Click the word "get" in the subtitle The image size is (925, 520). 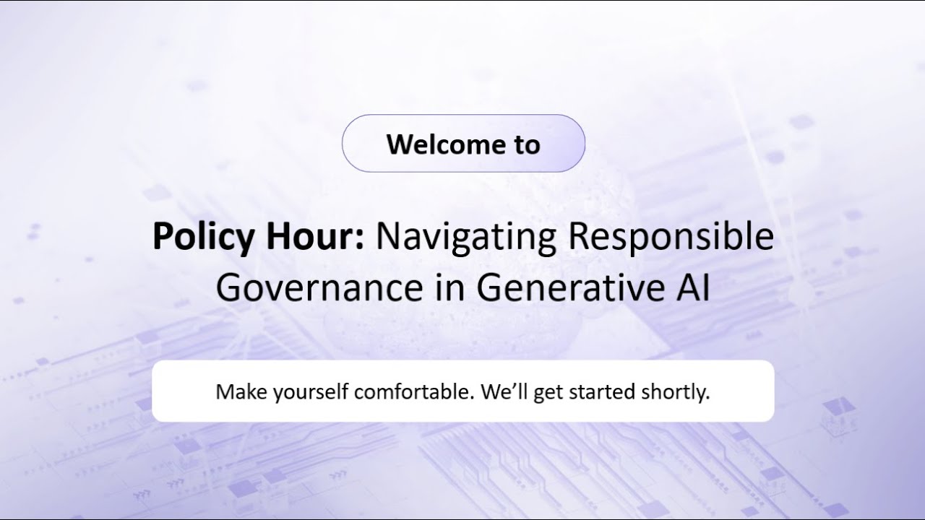(548, 394)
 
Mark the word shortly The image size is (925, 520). (676, 393)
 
